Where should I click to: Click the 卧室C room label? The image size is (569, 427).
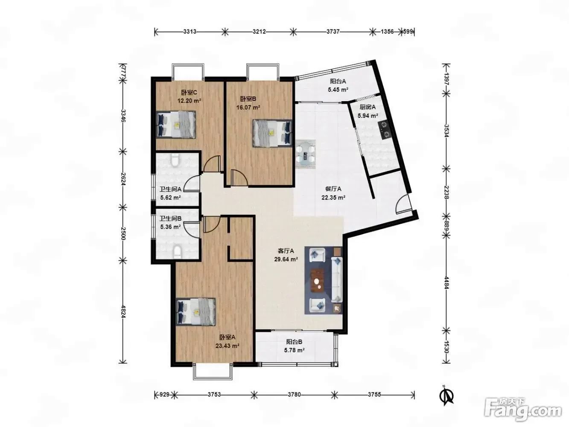pos(189,92)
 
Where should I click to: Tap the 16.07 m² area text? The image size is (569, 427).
pos(248,107)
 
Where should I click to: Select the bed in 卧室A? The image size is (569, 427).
pos(196,311)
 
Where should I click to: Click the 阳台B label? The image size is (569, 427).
pos(294,342)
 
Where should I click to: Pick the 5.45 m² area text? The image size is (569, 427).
pos(338,90)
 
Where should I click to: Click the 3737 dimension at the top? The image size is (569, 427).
pos(333,32)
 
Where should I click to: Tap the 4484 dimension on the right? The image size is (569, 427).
pos(446,282)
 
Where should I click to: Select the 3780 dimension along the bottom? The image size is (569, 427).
pos(294,395)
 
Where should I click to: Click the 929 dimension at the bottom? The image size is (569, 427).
pos(164,395)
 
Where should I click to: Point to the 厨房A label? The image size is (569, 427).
pos(368,107)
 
